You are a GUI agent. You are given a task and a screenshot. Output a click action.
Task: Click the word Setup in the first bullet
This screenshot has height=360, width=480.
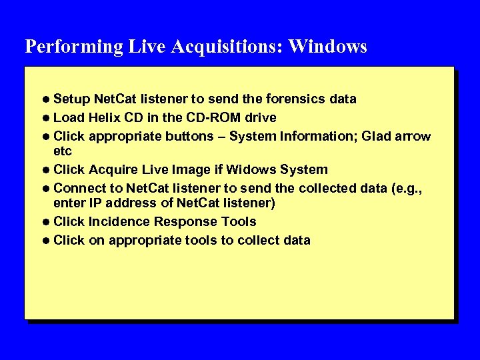71,99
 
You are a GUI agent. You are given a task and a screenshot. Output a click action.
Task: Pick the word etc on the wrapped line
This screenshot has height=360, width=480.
63,151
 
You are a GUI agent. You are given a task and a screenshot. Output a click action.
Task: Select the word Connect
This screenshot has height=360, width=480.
77,189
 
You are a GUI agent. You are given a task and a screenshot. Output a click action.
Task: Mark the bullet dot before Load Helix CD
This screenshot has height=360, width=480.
46,118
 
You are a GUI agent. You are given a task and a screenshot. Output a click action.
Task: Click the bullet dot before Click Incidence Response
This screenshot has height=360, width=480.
46,222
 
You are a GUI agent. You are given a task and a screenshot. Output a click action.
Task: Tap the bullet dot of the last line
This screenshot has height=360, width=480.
46,241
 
